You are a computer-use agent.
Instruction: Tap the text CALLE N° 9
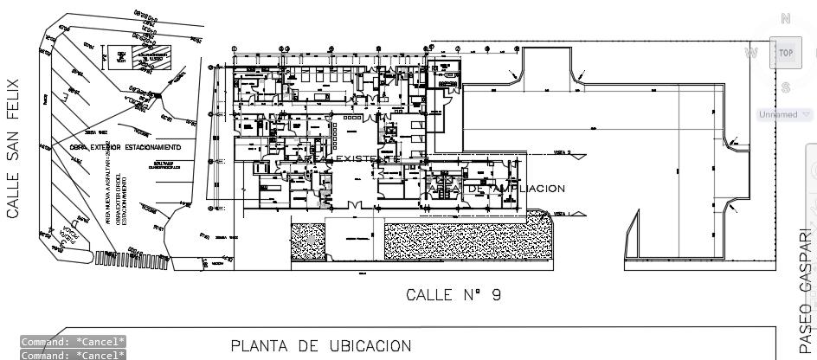pos(454,294)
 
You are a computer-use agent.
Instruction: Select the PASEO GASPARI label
pos(806,290)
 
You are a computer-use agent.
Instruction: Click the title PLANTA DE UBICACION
pos(320,346)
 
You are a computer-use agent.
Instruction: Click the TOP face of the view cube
pos(785,53)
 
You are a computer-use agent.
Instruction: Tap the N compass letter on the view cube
pos(785,18)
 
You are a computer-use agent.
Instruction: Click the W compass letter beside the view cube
pos(751,53)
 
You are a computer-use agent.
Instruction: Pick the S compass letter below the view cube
pos(785,87)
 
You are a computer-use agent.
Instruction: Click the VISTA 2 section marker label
pos(563,151)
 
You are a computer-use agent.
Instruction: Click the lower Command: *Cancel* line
pos(74,355)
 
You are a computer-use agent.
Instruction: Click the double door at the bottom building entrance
pos(354,204)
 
